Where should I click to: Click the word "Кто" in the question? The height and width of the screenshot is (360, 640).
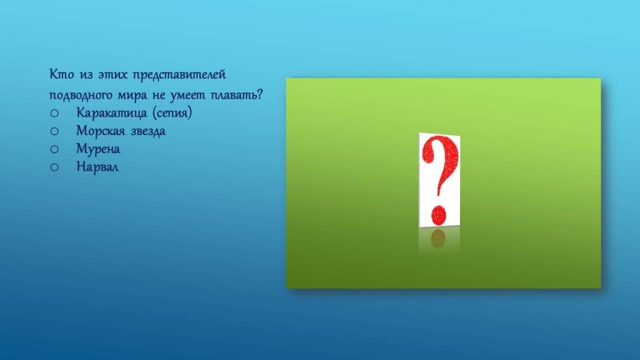[62, 74]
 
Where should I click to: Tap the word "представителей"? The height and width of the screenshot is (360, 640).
[179, 75]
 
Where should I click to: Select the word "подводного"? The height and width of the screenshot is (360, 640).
[81, 96]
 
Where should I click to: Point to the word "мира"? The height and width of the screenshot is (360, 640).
[132, 96]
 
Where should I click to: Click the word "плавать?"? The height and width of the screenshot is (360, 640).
[236, 95]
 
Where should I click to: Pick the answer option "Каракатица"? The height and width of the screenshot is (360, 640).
[111, 112]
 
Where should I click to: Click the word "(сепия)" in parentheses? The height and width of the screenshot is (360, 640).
[172, 112]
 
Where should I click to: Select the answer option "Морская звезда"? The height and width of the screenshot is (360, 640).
[121, 131]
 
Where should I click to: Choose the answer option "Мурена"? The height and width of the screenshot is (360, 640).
[98, 149]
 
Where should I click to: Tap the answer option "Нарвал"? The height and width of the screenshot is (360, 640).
[97, 166]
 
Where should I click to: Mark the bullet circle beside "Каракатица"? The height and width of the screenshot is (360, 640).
[54, 113]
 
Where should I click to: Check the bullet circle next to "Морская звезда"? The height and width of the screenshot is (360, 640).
[54, 131]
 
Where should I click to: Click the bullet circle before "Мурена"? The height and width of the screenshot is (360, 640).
[54, 149]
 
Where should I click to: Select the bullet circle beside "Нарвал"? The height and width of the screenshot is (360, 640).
[54, 167]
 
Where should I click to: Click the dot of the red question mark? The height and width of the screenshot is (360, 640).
[439, 215]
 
